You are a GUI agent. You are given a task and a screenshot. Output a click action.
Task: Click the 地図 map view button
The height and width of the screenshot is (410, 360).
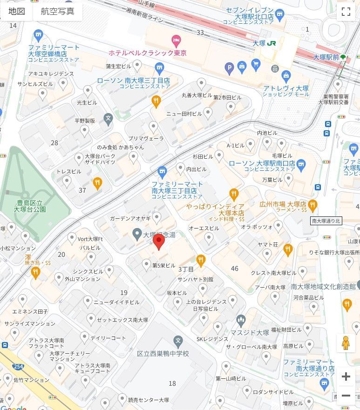17,12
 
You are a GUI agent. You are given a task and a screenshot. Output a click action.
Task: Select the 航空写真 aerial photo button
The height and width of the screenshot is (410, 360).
57,12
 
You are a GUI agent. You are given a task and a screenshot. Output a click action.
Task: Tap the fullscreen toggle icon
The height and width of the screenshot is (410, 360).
346,12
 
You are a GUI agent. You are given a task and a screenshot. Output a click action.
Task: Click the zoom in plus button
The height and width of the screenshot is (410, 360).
346,376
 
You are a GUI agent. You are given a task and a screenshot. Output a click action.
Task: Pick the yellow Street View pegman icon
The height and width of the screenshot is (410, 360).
345,343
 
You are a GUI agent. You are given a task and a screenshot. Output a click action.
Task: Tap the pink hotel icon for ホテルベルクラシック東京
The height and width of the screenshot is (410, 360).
176,40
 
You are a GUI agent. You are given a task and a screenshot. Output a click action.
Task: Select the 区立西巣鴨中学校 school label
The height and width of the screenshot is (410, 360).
163,354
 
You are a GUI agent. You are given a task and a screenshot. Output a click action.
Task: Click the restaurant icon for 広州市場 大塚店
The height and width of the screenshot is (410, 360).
312,204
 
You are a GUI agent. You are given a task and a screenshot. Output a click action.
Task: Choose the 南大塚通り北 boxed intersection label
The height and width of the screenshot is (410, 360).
326,221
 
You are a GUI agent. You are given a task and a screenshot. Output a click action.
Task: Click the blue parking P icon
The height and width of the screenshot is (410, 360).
229,69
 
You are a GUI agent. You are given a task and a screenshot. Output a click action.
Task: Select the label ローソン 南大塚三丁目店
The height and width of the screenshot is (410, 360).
133,81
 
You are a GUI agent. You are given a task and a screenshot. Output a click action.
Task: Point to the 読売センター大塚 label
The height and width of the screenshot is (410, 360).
148,400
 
